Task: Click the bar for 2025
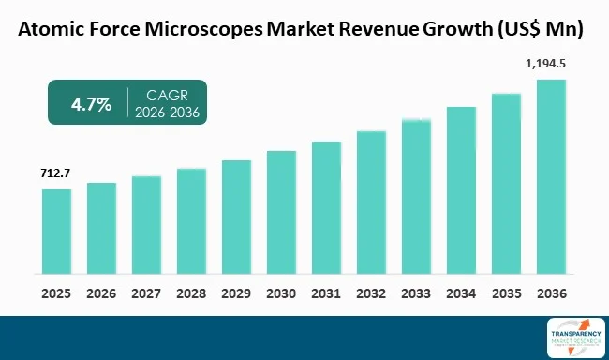tap(56, 232)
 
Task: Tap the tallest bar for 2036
tap(551, 177)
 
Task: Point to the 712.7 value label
tap(56, 173)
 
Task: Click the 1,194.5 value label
tap(550, 64)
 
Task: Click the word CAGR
tap(168, 95)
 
